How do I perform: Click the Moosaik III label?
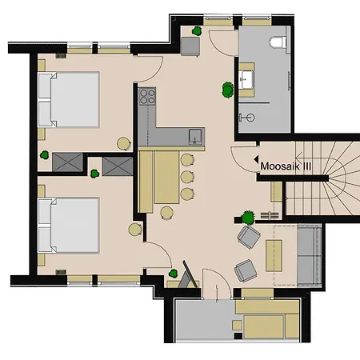coord(286,166)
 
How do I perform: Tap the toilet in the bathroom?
coord(278,42)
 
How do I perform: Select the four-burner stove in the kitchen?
coord(147,96)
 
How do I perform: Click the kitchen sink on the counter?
coord(195,136)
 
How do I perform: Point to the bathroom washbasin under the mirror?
coord(246,79)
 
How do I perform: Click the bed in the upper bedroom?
coord(69,99)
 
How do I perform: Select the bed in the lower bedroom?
coord(69,225)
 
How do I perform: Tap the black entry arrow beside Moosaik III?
coord(256,159)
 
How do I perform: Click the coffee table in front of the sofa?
coord(274,256)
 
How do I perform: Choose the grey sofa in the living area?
coord(309,255)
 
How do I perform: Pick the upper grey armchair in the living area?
coord(249,237)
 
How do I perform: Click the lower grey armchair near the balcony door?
coord(246,270)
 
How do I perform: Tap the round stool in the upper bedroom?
coord(124,143)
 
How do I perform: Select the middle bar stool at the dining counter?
coord(187,177)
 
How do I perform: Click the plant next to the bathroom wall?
coord(228,90)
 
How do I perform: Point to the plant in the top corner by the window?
coord(197,31)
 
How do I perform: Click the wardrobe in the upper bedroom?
coord(67,162)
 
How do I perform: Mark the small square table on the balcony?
coord(237,325)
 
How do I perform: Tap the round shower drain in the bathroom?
coord(250,118)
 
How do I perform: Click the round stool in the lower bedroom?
coord(135,230)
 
